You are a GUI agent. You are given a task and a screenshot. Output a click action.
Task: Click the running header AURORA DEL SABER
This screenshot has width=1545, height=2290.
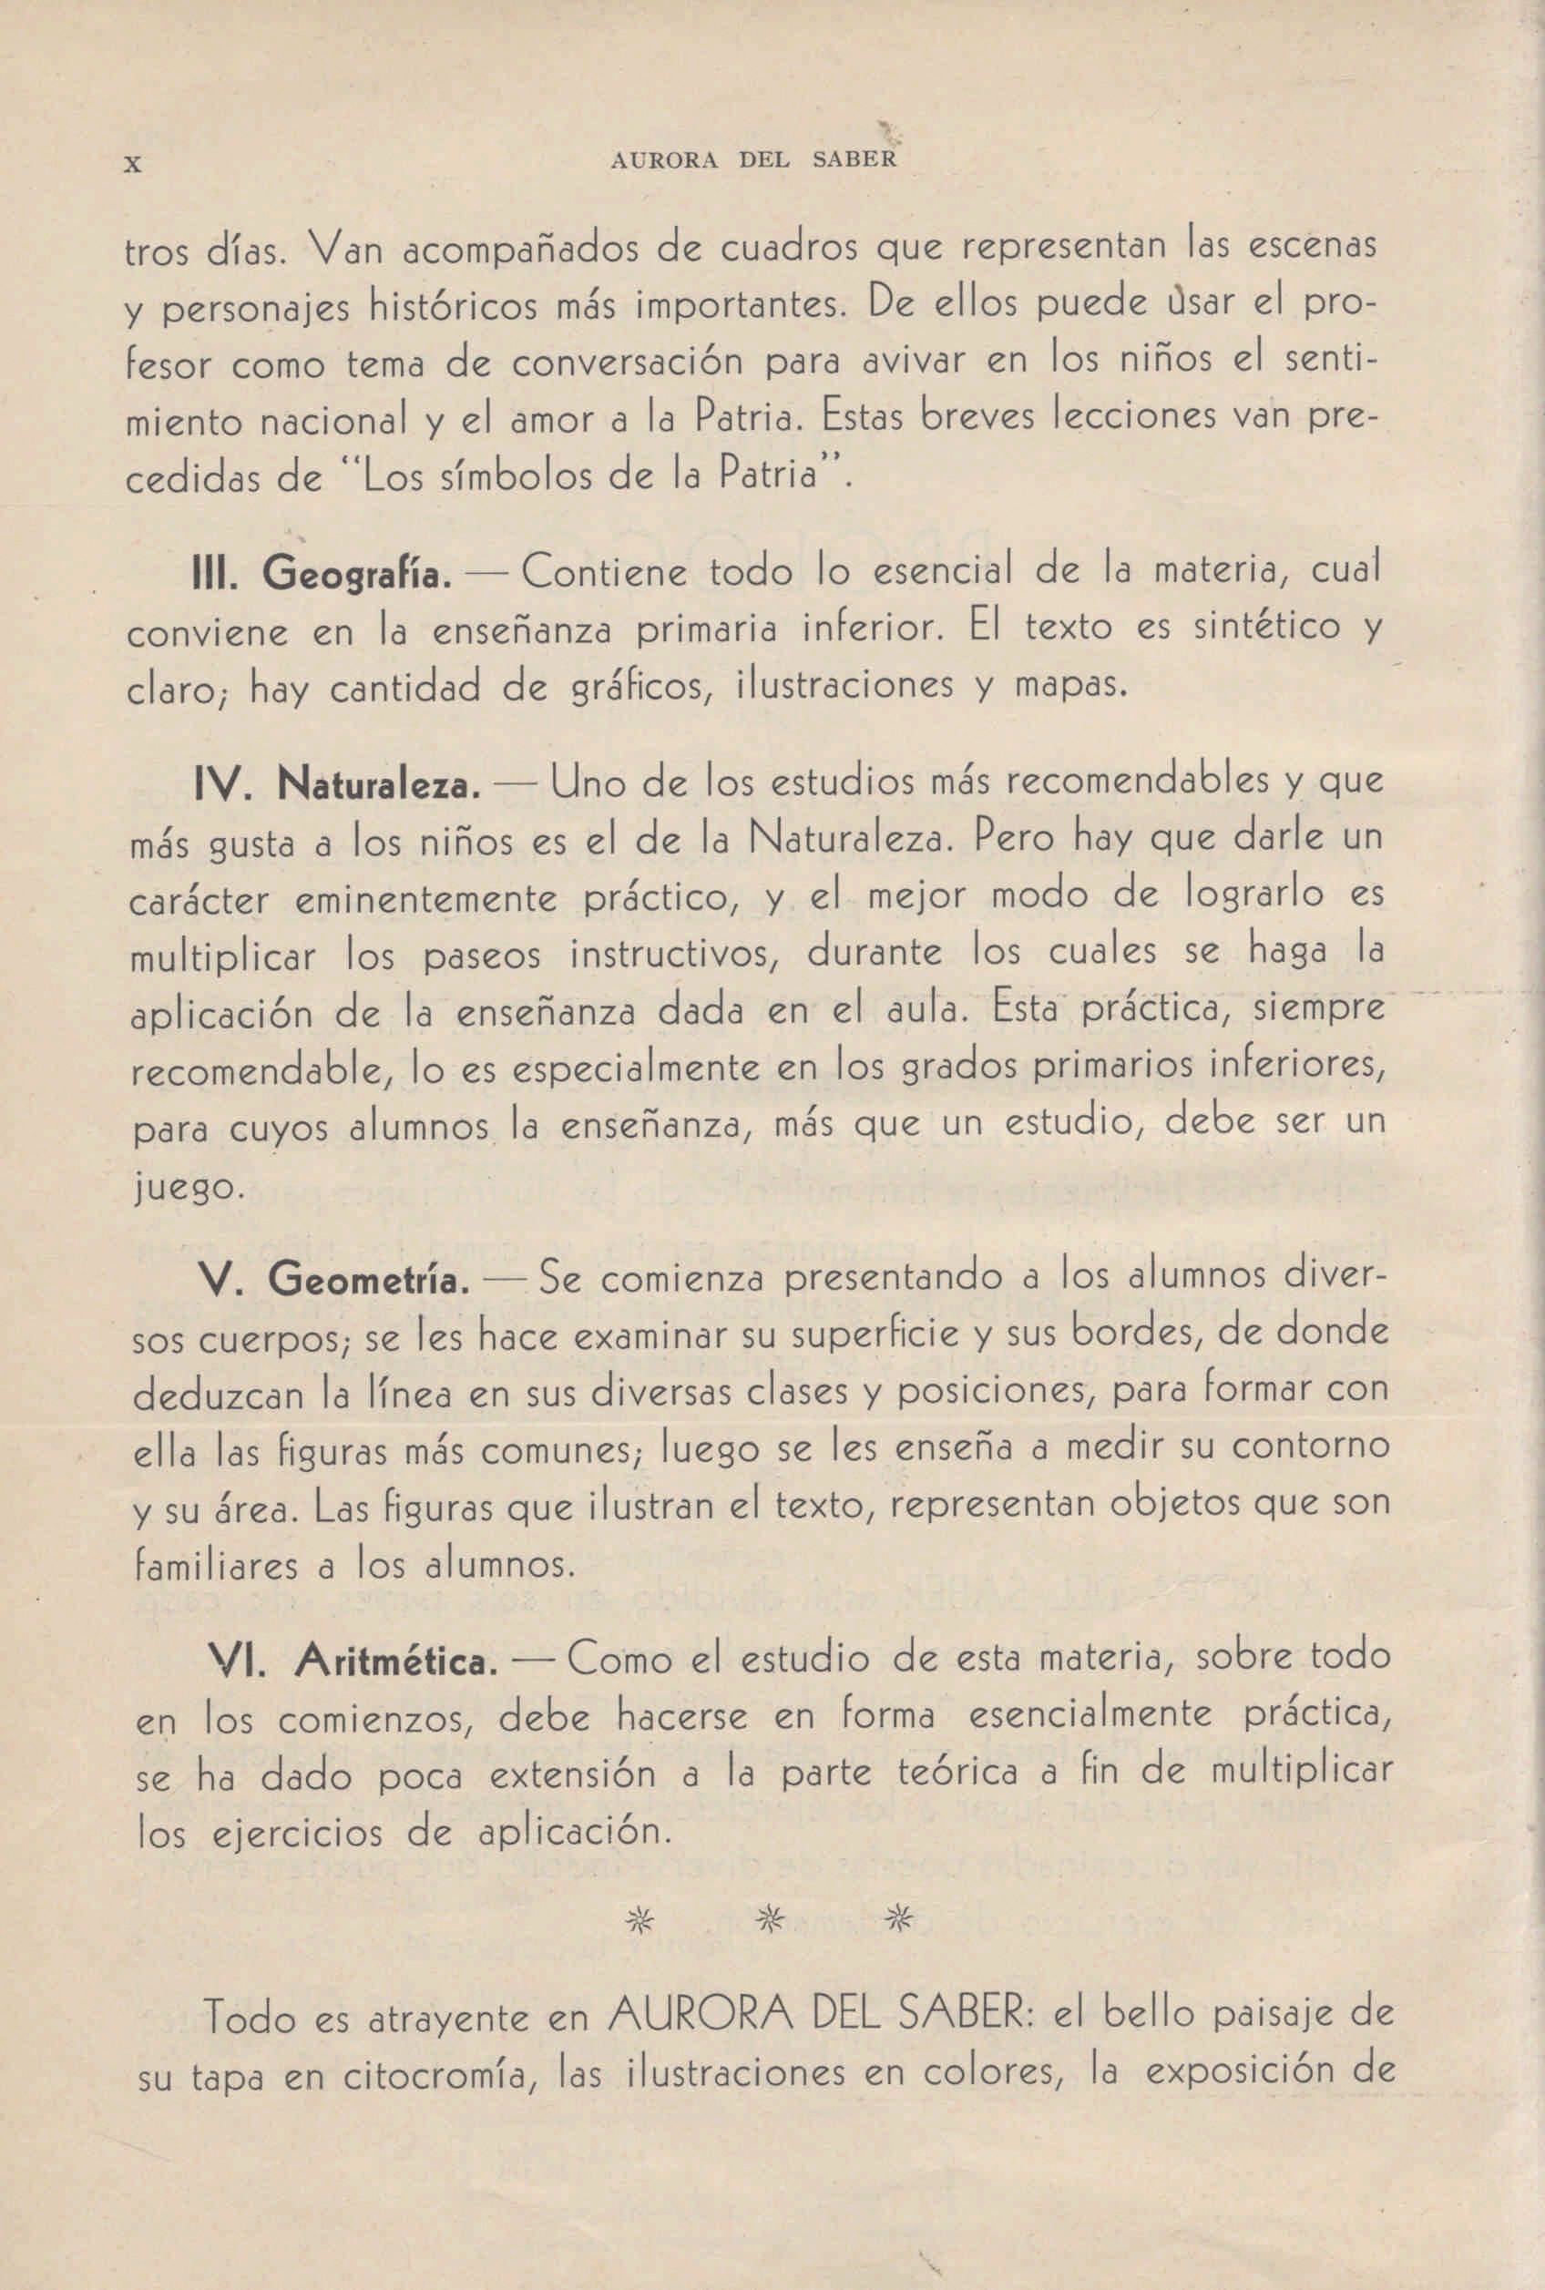[753, 160]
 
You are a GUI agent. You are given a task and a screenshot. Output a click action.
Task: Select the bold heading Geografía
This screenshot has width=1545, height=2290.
[358, 573]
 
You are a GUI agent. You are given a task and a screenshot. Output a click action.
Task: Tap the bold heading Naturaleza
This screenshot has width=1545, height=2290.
[379, 785]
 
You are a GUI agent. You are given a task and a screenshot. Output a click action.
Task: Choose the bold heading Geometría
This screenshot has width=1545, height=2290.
[369, 1281]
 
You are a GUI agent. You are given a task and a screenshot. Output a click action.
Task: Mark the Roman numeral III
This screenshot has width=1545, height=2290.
[213, 575]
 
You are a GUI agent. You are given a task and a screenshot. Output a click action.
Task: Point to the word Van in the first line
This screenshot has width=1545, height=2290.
[347, 250]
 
